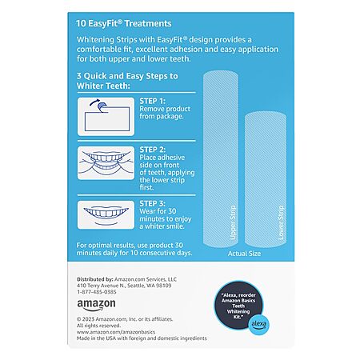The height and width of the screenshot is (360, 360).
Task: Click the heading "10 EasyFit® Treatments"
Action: pos(124,23)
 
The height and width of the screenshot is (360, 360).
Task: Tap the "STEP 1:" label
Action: pos(153,101)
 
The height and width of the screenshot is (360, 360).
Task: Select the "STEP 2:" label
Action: pos(153,150)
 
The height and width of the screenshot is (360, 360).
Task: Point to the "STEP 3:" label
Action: pos(153,204)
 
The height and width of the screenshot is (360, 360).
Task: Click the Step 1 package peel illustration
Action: pos(106,117)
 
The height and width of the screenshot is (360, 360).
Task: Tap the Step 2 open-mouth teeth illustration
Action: pos(106,163)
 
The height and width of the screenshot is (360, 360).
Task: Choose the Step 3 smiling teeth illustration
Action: pos(106,215)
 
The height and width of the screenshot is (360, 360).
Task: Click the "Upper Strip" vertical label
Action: pos(233,222)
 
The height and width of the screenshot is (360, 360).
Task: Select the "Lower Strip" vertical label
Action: pos(281,222)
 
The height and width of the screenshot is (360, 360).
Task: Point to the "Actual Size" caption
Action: pos(244,254)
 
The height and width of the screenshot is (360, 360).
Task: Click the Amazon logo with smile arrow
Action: pos(96,305)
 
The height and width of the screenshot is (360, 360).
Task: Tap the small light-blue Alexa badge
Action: pos(258,324)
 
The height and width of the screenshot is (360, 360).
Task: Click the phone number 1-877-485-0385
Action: pos(97,292)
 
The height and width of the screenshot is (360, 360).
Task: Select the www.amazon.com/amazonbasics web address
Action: pos(116,332)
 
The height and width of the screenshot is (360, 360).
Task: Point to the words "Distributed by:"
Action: pos(95,279)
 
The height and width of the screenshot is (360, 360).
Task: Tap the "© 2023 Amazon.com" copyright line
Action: pos(125,319)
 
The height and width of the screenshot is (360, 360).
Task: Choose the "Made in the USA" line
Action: pos(142,338)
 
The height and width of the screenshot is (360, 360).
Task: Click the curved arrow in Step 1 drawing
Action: pos(94,102)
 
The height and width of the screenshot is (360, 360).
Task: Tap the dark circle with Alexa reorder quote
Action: pos(238,306)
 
